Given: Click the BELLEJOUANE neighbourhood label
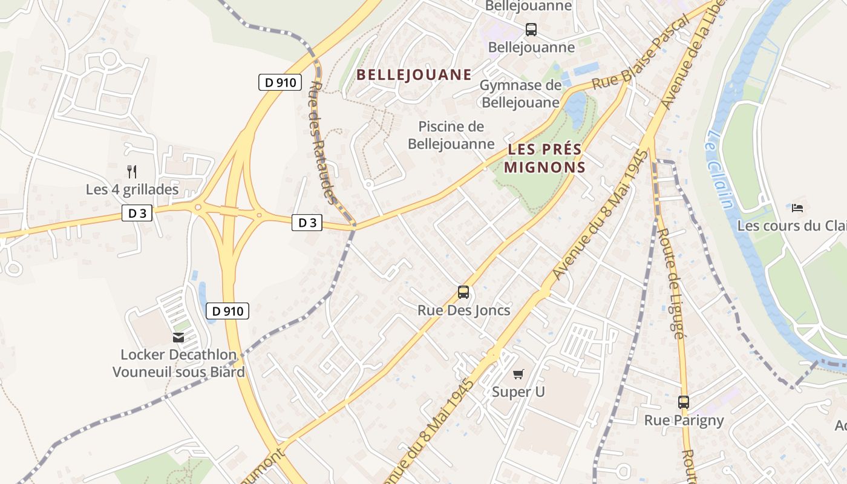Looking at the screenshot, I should click(x=414, y=75).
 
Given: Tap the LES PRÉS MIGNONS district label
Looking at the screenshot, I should click(x=544, y=158).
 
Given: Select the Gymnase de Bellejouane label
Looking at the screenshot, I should click(x=520, y=94).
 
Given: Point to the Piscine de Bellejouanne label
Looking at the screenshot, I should click(x=451, y=135).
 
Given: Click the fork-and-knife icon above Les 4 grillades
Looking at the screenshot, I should click(x=132, y=171).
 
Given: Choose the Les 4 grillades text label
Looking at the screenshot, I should click(x=132, y=189).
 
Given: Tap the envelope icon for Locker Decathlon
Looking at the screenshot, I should click(x=178, y=338).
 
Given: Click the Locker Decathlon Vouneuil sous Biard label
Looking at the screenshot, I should click(x=178, y=363).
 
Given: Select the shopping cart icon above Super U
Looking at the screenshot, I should click(x=518, y=374).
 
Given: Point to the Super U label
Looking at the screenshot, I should click(x=518, y=391).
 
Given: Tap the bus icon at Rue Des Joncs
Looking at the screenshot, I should click(x=463, y=292).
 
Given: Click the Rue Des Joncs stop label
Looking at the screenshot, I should click(x=463, y=310).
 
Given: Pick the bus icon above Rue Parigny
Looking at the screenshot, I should click(x=684, y=402).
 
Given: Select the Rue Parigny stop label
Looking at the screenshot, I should click(x=684, y=420).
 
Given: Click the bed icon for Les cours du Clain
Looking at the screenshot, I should click(x=797, y=208).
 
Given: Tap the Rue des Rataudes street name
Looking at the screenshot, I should click(x=322, y=143).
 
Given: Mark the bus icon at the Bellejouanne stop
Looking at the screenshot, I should click(x=531, y=29).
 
